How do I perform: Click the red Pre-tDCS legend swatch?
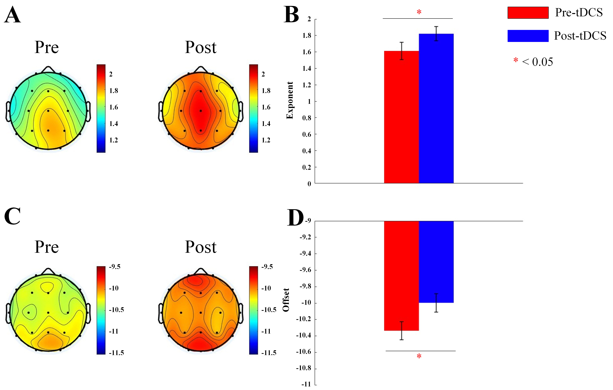click(x=528, y=13)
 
